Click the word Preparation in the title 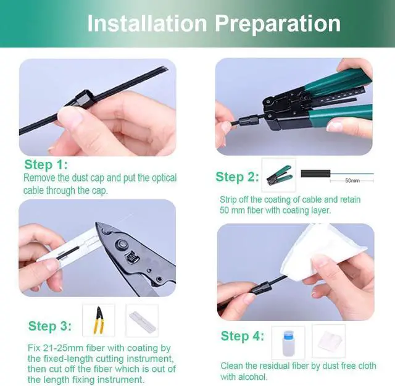point(278,24)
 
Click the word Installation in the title point(148,23)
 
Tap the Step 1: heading point(46,165)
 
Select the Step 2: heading point(237,177)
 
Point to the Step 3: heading point(50,325)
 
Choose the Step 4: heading point(243,336)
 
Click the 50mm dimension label point(352,180)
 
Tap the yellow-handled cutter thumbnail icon point(99,321)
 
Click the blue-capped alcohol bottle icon point(288,343)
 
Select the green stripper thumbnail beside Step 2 point(279,175)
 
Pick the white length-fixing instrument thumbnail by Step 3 point(143,321)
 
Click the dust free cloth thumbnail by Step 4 point(329,341)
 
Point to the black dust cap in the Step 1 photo point(83,99)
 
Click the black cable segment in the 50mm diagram point(315,174)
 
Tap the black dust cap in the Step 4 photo point(261,288)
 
